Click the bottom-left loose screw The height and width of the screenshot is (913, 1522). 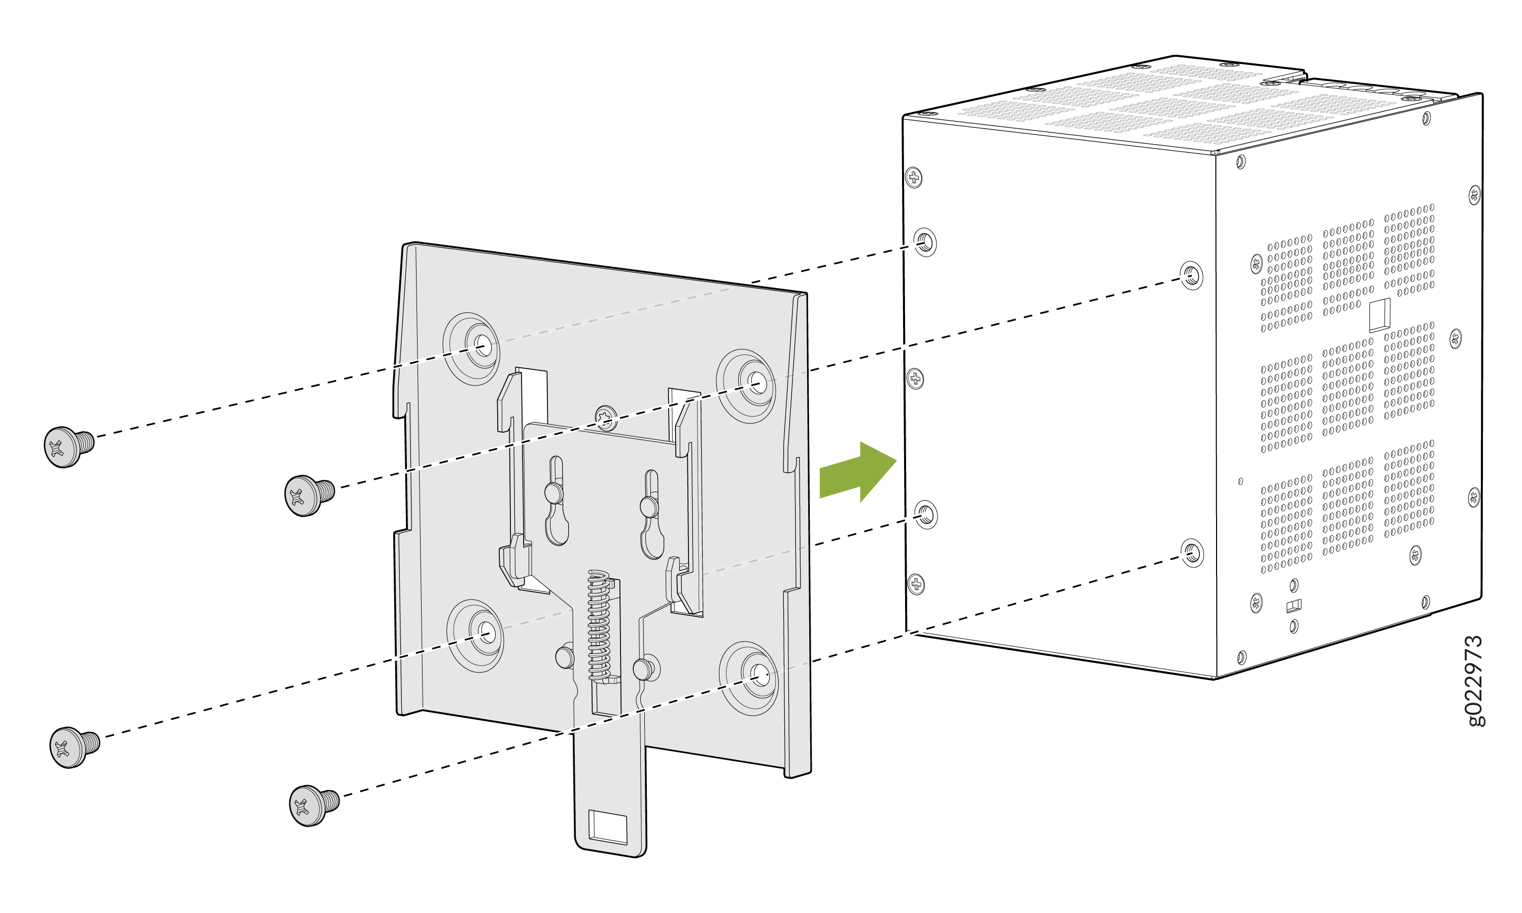coord(75,747)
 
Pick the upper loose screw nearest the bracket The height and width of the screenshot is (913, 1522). coord(309,495)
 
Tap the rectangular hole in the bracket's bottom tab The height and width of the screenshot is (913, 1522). coord(608,827)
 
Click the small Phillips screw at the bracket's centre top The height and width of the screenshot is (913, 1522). coord(606,418)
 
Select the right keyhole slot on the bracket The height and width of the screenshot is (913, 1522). coord(651,515)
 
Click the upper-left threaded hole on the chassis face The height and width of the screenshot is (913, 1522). coord(925,242)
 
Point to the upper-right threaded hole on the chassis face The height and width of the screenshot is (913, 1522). coord(1192,275)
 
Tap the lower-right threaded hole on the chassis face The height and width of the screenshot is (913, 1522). coord(1192,553)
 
